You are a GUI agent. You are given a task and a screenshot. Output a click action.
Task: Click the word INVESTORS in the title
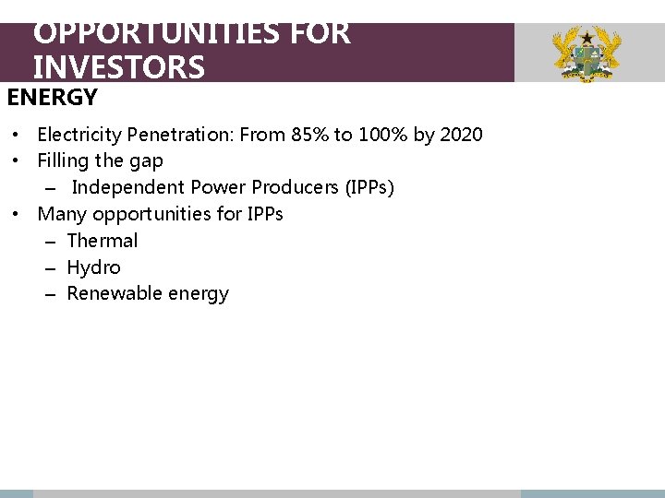118,67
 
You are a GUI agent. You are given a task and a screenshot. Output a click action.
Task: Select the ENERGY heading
53,97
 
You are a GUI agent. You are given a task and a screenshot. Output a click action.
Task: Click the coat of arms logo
586,53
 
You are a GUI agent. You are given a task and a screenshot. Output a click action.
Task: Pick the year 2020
461,135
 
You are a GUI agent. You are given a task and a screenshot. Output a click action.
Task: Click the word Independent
127,187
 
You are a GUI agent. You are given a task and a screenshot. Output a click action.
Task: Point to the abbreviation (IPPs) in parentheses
369,187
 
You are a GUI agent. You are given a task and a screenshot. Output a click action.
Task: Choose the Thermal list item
103,241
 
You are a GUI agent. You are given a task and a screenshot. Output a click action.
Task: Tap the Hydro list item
94,267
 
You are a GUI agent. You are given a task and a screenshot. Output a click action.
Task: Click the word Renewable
115,294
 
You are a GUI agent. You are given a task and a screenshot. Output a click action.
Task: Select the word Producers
296,187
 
